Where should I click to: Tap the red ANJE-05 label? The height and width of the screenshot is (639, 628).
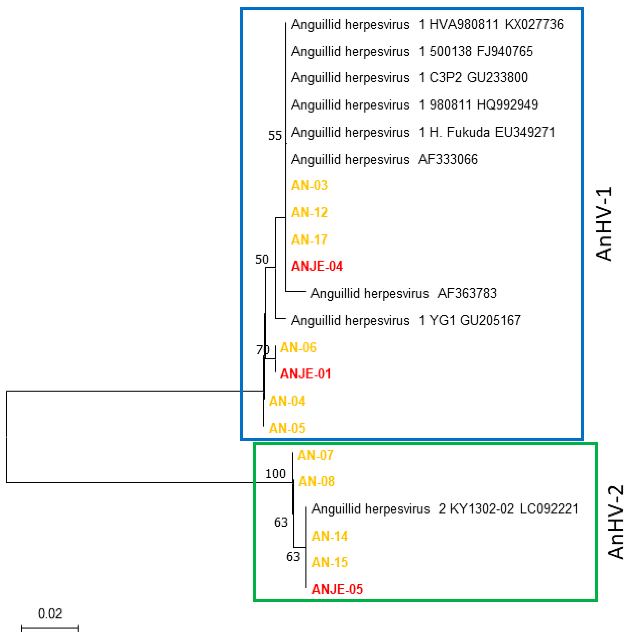coord(337,589)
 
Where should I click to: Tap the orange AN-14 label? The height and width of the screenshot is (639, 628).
coord(329,536)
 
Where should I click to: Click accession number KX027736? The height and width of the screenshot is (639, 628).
coord(534,24)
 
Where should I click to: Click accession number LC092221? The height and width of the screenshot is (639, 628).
coord(549,509)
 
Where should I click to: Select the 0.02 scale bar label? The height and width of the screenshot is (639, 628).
coord(50,614)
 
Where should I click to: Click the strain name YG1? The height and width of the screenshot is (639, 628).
coord(442,320)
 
